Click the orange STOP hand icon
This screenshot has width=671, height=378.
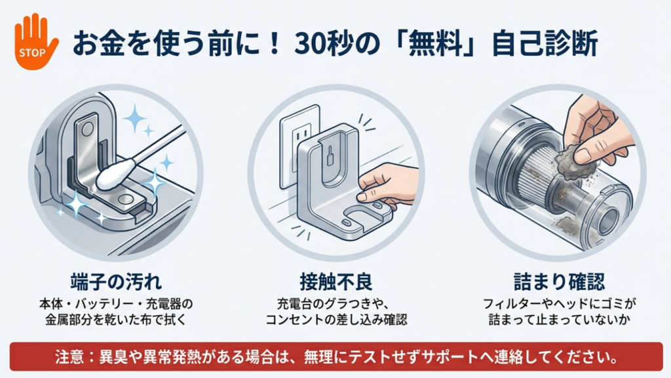click(x=35, y=42)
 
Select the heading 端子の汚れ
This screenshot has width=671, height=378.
click(x=117, y=282)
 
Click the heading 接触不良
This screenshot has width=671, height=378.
click(x=336, y=282)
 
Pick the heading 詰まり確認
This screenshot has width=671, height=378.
click(x=560, y=282)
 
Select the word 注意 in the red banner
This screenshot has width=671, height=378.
click(x=69, y=356)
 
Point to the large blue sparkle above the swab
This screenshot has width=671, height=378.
click(x=135, y=117)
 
